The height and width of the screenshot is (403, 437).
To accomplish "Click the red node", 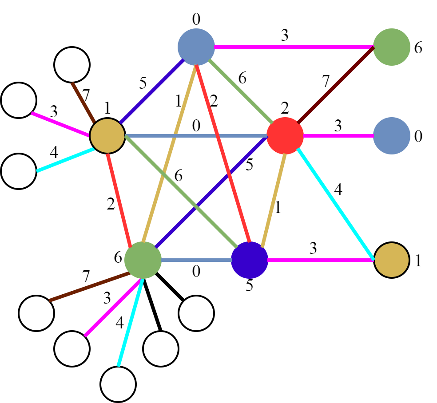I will [x=285, y=136].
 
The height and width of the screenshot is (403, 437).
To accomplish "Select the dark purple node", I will [x=250, y=260].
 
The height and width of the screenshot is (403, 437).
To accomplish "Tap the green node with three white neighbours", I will [x=143, y=260].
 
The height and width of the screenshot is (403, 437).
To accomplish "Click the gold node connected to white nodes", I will [x=107, y=136].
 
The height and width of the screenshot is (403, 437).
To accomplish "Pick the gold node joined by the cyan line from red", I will [x=392, y=260].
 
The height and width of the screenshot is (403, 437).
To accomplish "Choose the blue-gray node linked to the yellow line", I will [x=196, y=47].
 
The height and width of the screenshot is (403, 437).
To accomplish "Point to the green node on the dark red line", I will [x=392, y=47].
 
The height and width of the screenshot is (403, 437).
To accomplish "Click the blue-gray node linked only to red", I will [x=392, y=136].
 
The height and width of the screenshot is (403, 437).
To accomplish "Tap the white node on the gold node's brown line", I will [x=72, y=65].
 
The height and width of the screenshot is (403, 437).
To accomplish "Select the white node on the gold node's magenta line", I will [x=19, y=100].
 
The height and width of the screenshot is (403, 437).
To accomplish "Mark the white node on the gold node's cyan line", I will [x=19, y=171].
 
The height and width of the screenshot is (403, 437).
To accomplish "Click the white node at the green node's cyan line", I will [x=118, y=384].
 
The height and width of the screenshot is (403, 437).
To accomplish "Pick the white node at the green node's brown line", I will [x=36, y=313].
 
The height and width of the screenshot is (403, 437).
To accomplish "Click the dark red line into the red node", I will [x=336, y=84].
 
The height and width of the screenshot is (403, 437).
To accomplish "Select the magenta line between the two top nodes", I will [x=293, y=47].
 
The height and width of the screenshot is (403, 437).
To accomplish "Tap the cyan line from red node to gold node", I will [x=336, y=204].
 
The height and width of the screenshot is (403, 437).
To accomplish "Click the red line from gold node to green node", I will [x=119, y=200].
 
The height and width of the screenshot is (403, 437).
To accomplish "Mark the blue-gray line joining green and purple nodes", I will [x=196, y=260].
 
